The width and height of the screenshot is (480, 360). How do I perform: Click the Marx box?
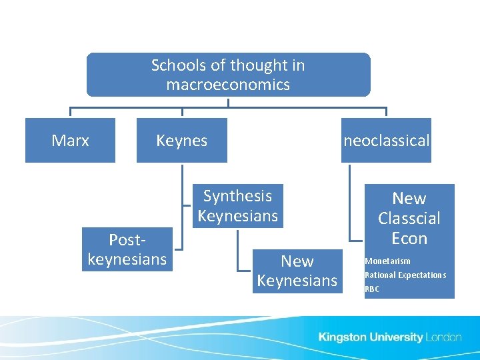coord(70,141)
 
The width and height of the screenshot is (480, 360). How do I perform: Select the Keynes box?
coord(181,141)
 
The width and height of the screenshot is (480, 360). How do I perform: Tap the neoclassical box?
coord(386,141)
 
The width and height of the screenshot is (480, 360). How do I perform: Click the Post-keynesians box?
coord(127,249)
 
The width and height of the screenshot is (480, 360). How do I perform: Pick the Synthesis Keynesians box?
coord(237,206)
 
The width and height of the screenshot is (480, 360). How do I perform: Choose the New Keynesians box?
coord(297,271)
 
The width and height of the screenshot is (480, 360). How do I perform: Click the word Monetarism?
coord(387,261)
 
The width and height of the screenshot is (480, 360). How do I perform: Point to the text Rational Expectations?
coord(405,275)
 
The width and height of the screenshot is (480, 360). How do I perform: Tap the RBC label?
coord(372,289)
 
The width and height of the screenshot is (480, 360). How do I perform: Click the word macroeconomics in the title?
coord(228,85)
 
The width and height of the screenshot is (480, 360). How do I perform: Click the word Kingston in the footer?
coord(342,337)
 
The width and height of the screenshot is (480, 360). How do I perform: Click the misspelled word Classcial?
coord(409,218)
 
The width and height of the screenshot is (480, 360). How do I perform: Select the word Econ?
coord(409,238)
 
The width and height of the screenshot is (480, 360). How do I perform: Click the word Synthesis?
coord(237,196)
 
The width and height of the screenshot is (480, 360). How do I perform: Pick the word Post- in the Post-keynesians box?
coord(127,239)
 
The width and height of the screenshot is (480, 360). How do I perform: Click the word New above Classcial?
coord(409,199)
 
